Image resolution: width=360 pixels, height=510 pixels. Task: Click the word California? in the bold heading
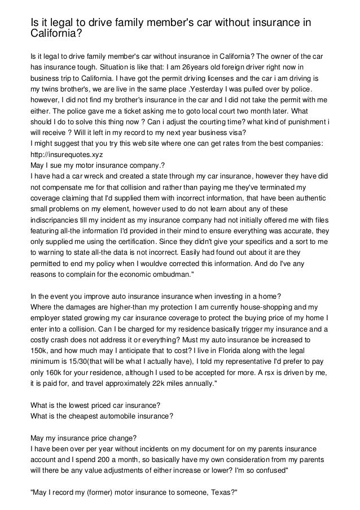[x=56, y=33]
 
